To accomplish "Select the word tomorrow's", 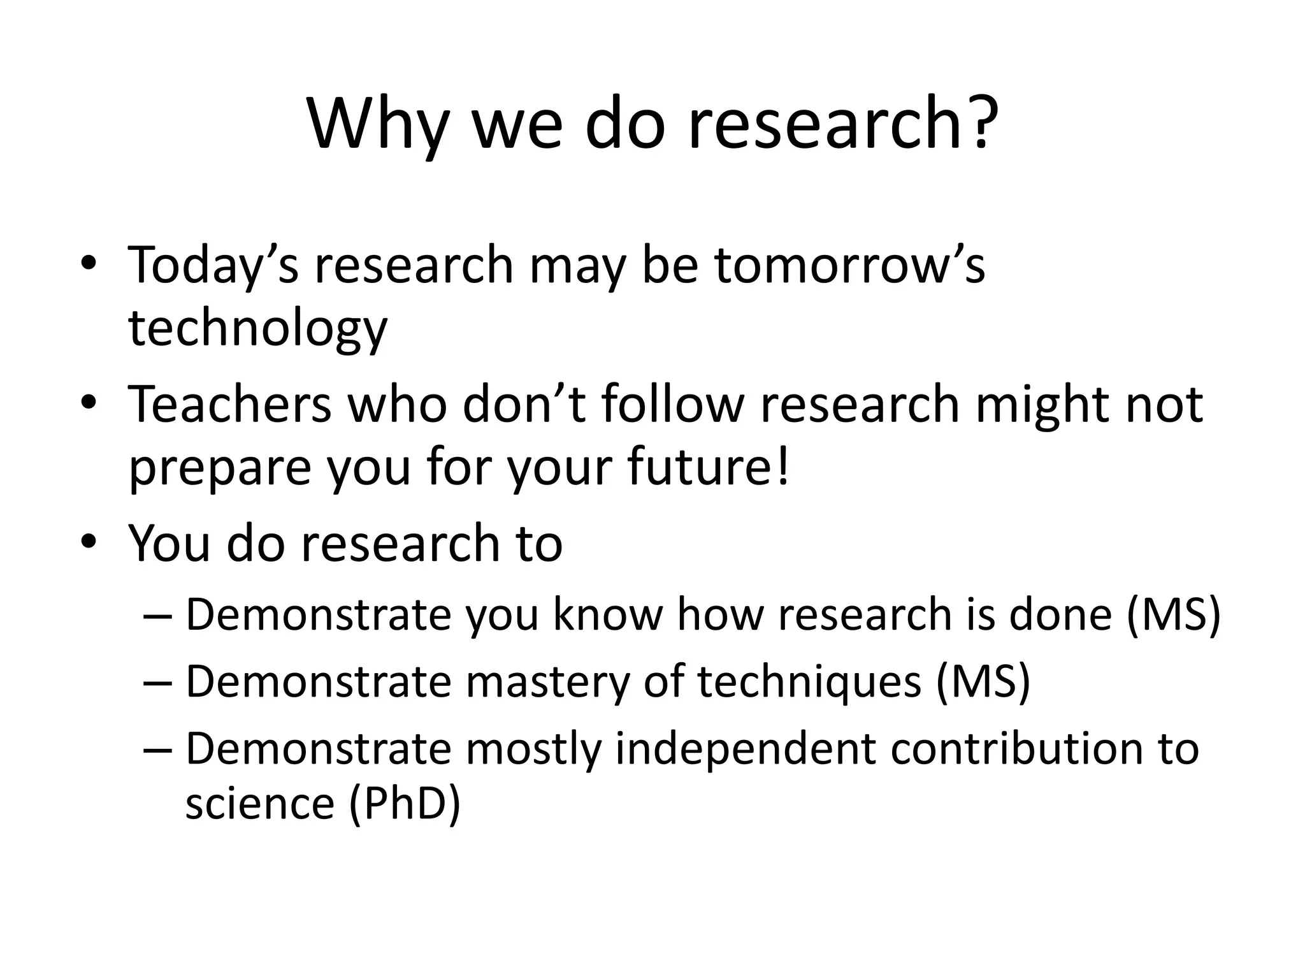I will (x=849, y=265).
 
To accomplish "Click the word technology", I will (x=257, y=330).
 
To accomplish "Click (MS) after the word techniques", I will (x=983, y=683).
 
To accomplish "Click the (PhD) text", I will (x=405, y=804).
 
